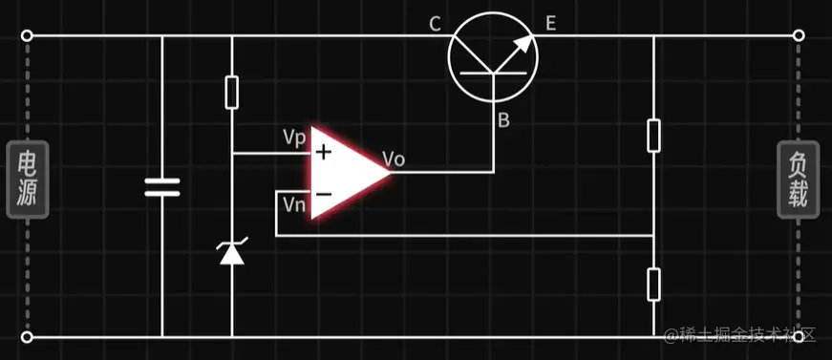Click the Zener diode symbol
[x=232, y=253]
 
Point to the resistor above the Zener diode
[x=232, y=93]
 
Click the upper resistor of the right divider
[x=653, y=135]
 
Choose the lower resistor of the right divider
[x=653, y=284]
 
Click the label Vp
[x=294, y=137]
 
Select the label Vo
[x=393, y=159]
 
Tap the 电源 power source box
[x=27, y=180]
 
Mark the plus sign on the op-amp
[x=324, y=151]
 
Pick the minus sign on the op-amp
[x=324, y=194]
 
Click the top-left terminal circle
[x=27, y=36]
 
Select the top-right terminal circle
[x=799, y=36]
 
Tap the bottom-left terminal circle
[x=27, y=337]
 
